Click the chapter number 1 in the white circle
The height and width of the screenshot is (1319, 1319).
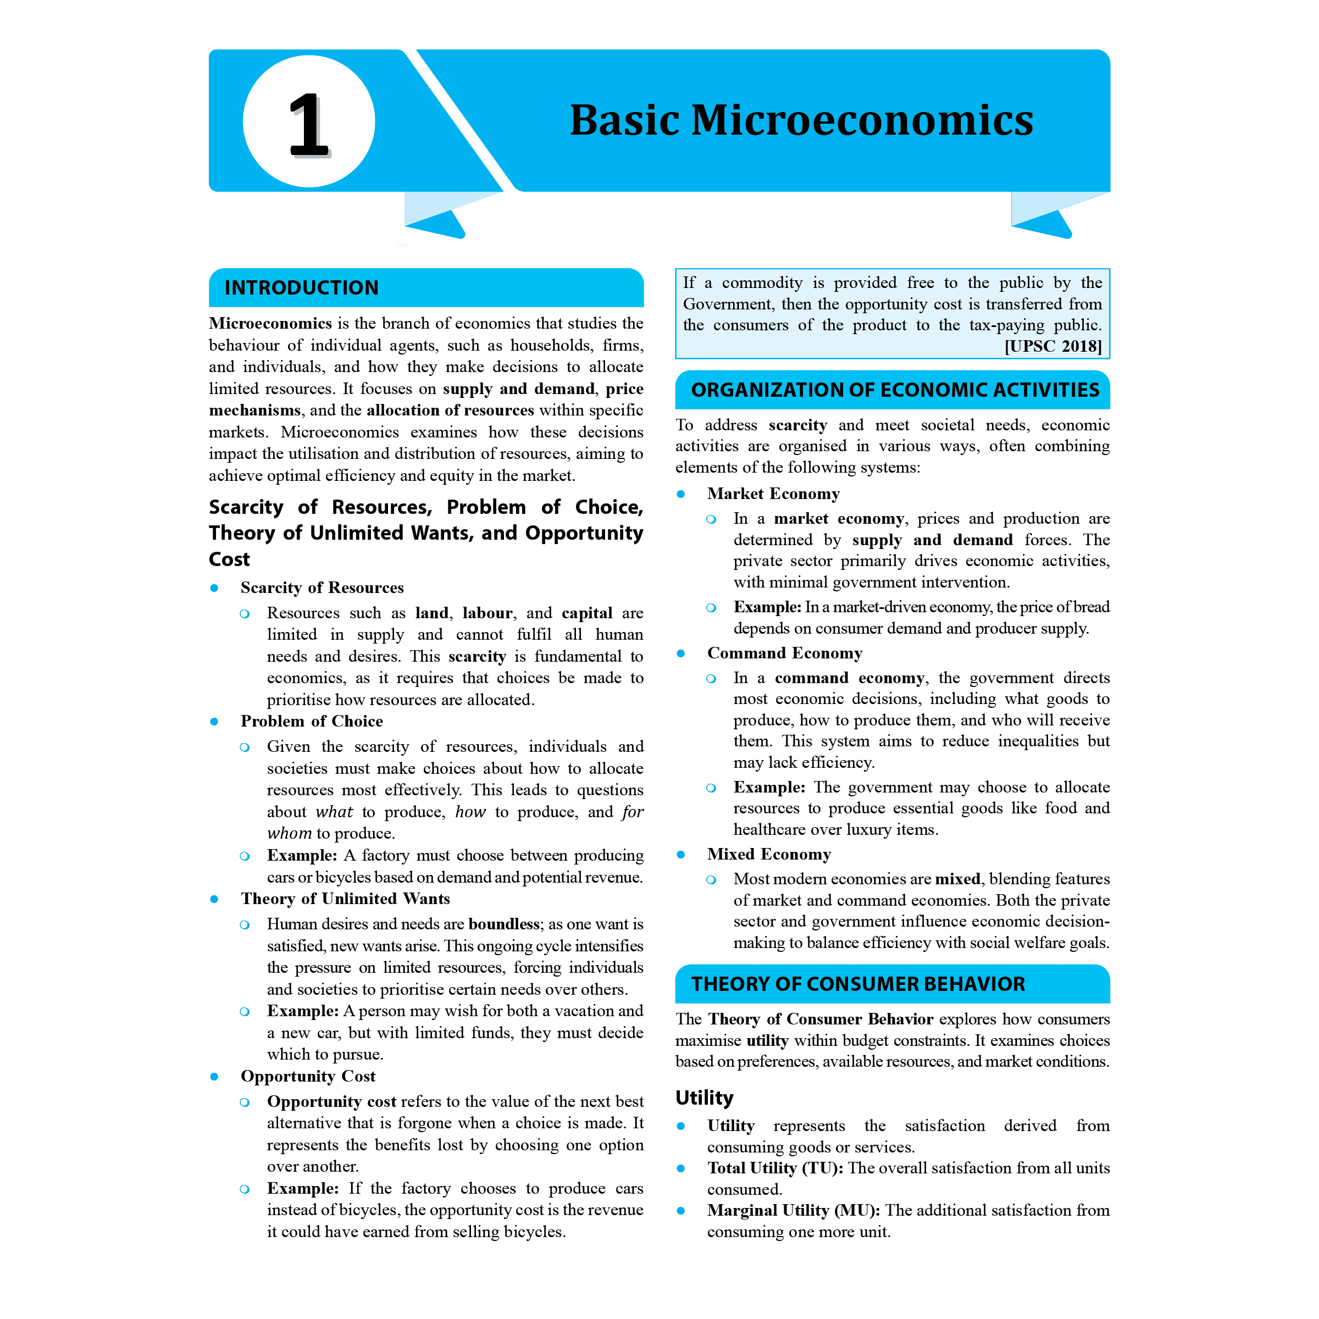coord(308,124)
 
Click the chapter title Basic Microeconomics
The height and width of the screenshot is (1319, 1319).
coord(801,120)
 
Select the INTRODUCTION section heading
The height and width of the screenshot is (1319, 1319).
coord(301,287)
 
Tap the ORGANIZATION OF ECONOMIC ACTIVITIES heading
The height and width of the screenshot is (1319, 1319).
coord(894,389)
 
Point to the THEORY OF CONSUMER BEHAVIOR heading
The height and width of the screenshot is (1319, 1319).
coord(857,983)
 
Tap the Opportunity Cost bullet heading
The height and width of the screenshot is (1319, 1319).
coord(308,1076)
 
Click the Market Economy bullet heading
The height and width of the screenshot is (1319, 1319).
coord(773,494)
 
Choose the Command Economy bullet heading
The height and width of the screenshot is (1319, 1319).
coord(784,653)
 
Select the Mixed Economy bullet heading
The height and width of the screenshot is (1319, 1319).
coord(769,854)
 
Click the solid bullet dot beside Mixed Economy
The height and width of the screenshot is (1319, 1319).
coord(681,855)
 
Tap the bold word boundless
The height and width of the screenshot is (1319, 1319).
coord(504,924)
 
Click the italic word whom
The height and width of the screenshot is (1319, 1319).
coord(289,833)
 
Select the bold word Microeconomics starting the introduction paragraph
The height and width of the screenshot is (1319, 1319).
coord(270,323)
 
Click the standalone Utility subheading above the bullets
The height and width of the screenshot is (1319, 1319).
coord(704,1097)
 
